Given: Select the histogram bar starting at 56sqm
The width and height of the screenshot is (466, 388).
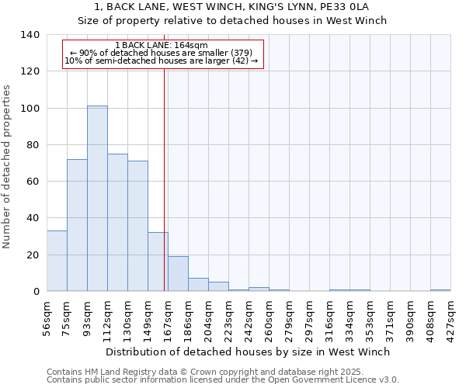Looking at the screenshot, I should (57, 261).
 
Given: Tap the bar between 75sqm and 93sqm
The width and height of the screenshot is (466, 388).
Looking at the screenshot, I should (77, 225).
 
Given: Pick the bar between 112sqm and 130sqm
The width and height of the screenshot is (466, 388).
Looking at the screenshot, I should (117, 223).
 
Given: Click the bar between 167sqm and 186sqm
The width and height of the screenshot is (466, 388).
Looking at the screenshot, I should (178, 274).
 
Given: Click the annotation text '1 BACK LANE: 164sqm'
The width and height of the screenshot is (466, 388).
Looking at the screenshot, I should (161, 46).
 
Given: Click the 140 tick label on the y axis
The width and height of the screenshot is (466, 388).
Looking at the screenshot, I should (30, 35).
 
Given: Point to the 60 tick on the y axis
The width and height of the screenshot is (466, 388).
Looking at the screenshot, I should (33, 182).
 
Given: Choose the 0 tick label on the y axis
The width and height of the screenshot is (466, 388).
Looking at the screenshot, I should (37, 292).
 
